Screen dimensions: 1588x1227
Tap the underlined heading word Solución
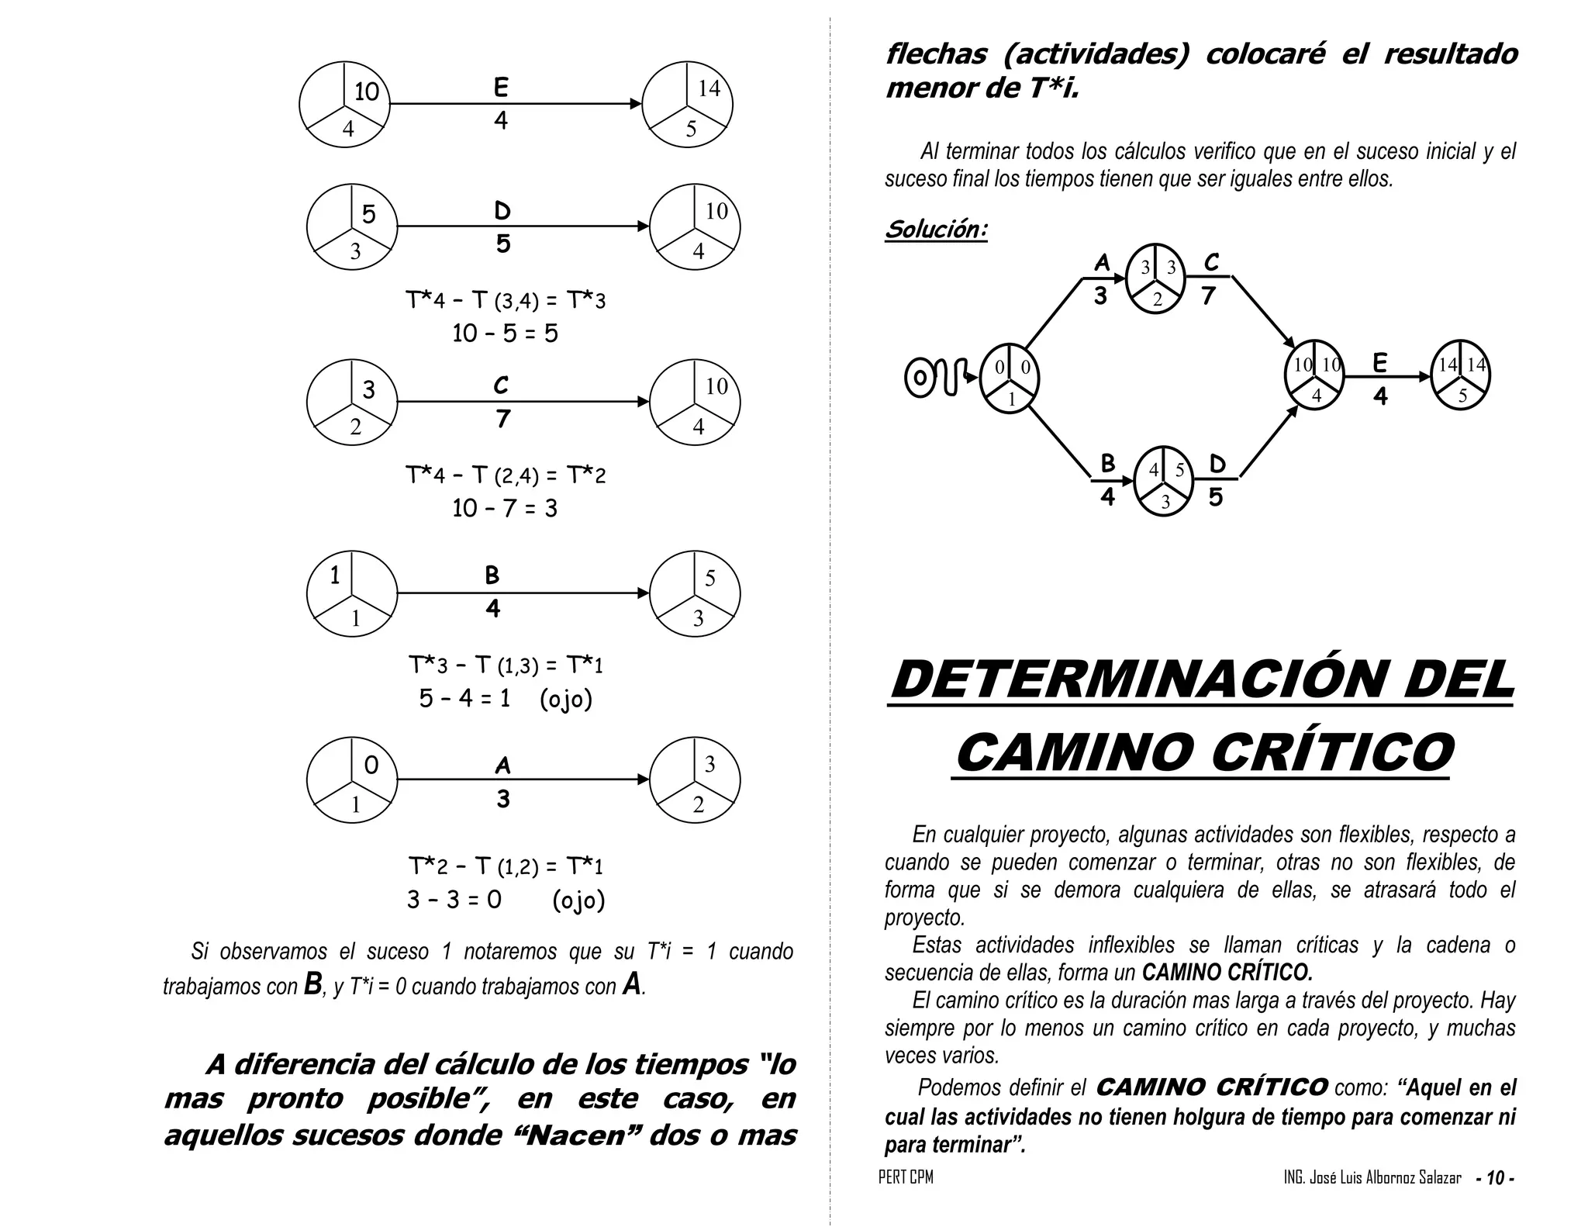click(936, 230)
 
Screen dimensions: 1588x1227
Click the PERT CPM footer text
click(906, 1177)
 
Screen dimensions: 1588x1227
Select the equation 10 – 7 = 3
click(505, 509)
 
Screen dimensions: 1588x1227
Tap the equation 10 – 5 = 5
click(505, 334)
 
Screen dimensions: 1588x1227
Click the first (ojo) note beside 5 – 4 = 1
click(565, 699)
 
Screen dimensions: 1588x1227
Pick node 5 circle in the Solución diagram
click(1461, 375)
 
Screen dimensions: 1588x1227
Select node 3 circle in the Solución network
click(1162, 482)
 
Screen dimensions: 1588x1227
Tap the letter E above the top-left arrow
click(501, 88)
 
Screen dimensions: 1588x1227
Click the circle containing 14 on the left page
click(687, 105)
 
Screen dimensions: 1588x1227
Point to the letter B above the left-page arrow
click(492, 575)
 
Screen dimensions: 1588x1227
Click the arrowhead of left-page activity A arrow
click(644, 779)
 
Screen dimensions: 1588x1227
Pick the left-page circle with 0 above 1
click(352, 779)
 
